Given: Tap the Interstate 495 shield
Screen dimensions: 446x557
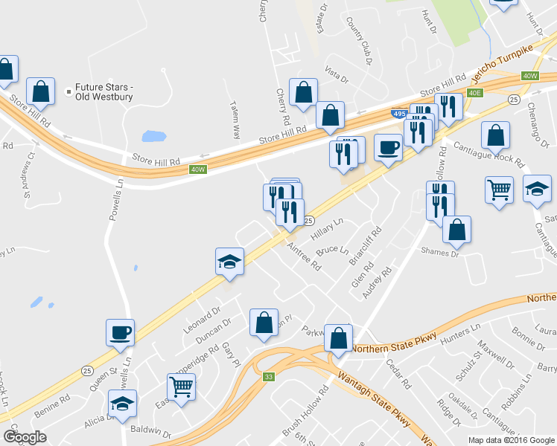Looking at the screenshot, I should (x=398, y=113).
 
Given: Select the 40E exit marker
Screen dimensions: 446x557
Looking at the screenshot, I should (x=476, y=92).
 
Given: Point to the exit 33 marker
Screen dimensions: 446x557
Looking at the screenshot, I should (x=269, y=378).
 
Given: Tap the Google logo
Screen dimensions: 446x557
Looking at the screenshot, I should (x=25, y=437).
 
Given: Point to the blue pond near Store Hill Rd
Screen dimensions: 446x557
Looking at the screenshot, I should (x=154, y=136).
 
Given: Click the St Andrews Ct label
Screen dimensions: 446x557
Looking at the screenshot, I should (x=29, y=175).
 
